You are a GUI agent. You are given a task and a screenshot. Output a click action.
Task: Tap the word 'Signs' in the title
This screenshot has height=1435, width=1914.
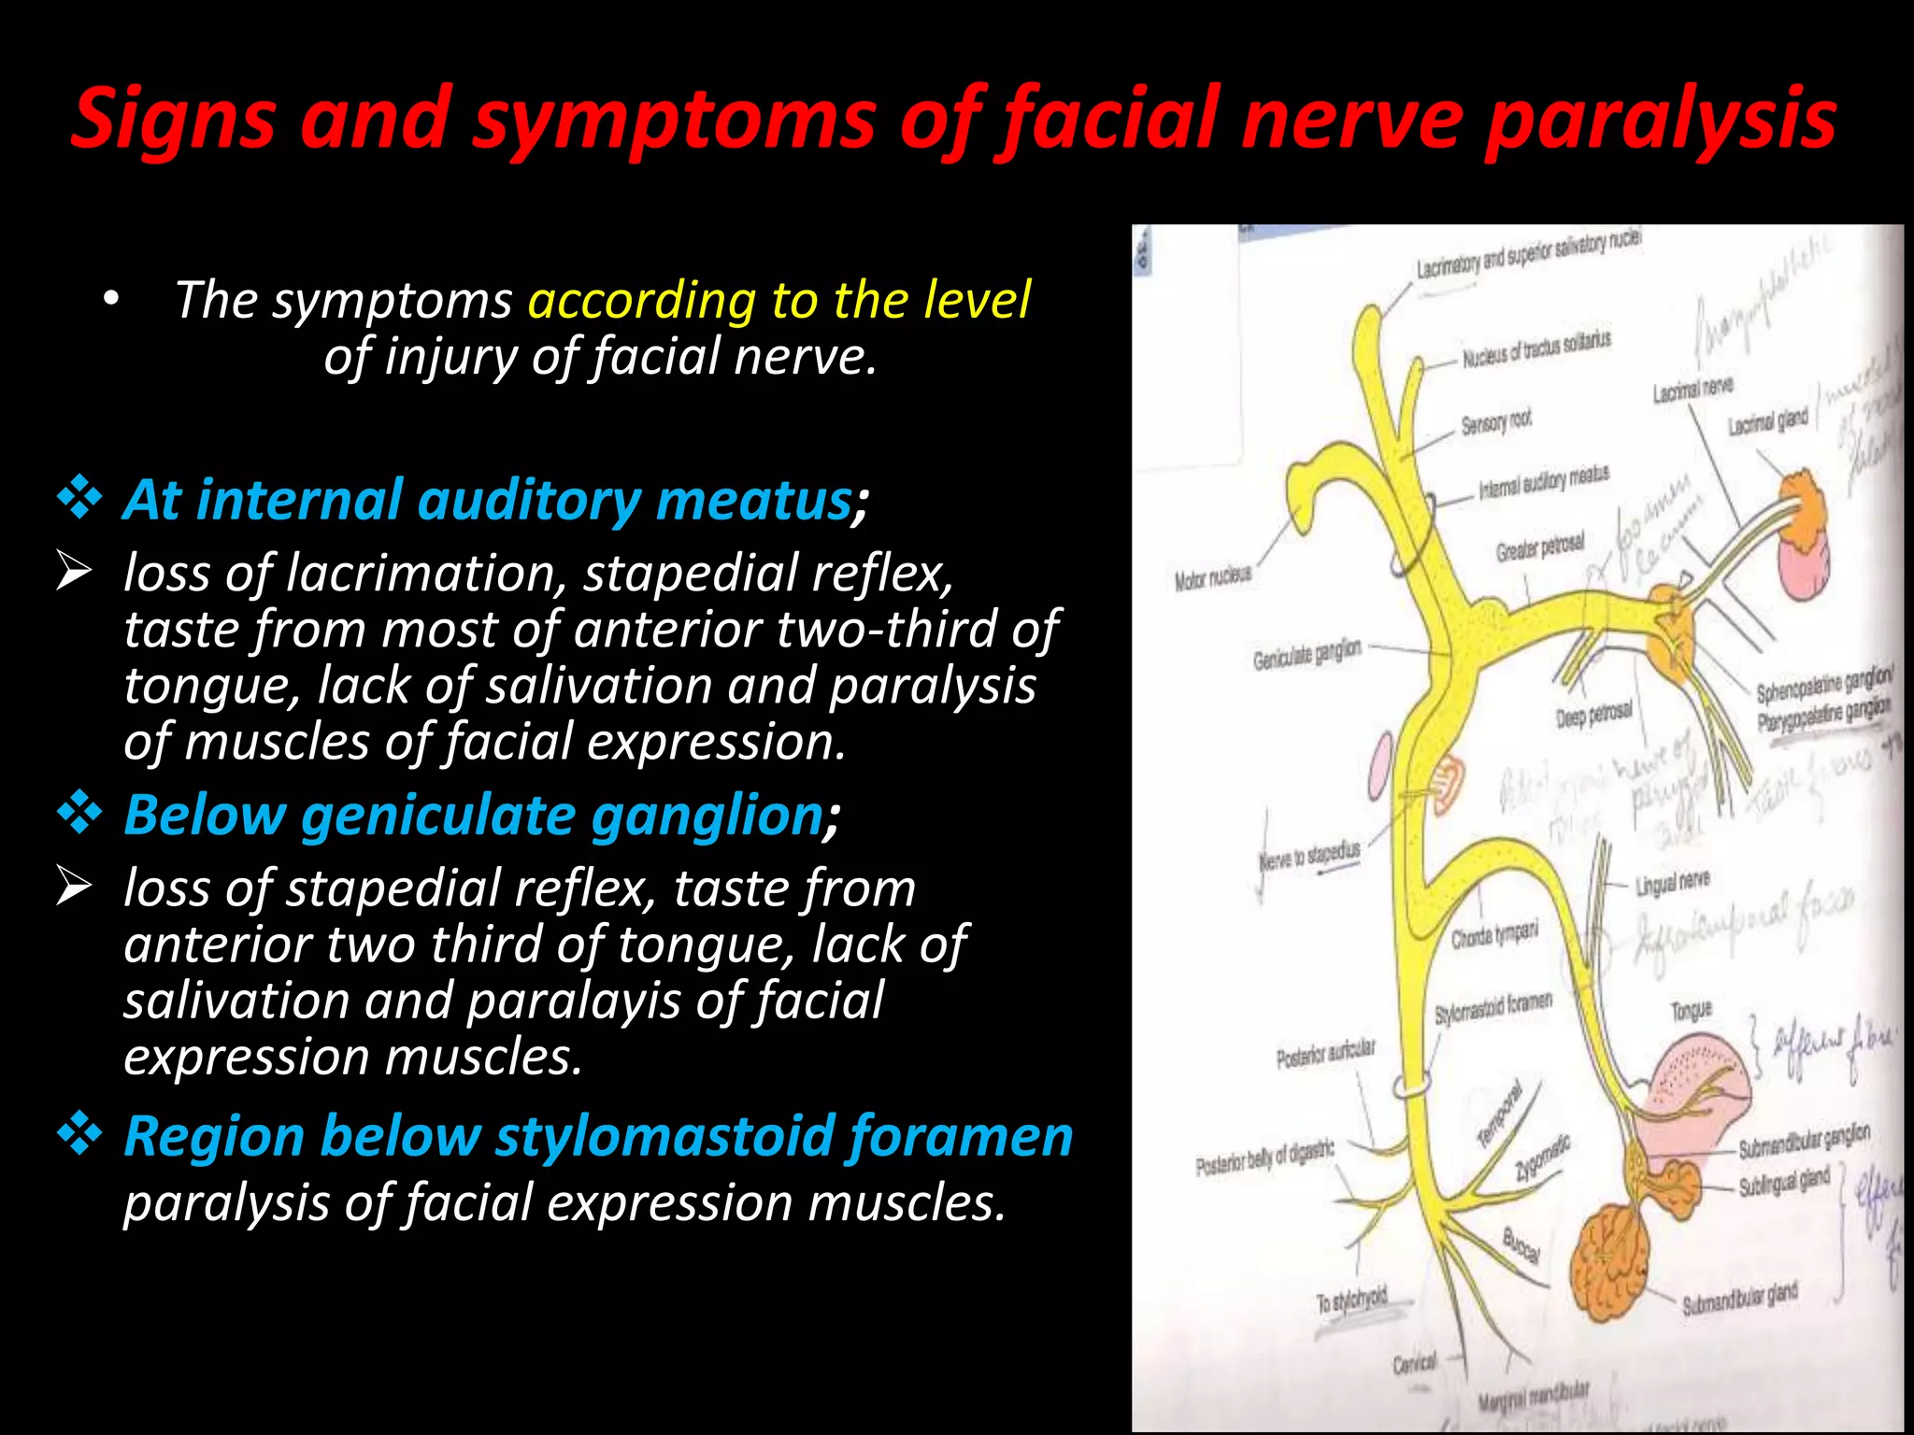(x=172, y=120)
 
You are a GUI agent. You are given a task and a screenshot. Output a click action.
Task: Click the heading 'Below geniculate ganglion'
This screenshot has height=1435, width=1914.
(x=473, y=815)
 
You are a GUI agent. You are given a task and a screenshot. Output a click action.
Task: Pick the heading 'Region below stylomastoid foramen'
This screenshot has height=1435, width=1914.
(x=598, y=1136)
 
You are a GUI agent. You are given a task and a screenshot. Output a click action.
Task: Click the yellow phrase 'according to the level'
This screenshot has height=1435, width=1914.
(x=779, y=300)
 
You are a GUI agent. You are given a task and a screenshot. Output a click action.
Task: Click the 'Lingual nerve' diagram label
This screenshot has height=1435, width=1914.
(x=1672, y=881)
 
